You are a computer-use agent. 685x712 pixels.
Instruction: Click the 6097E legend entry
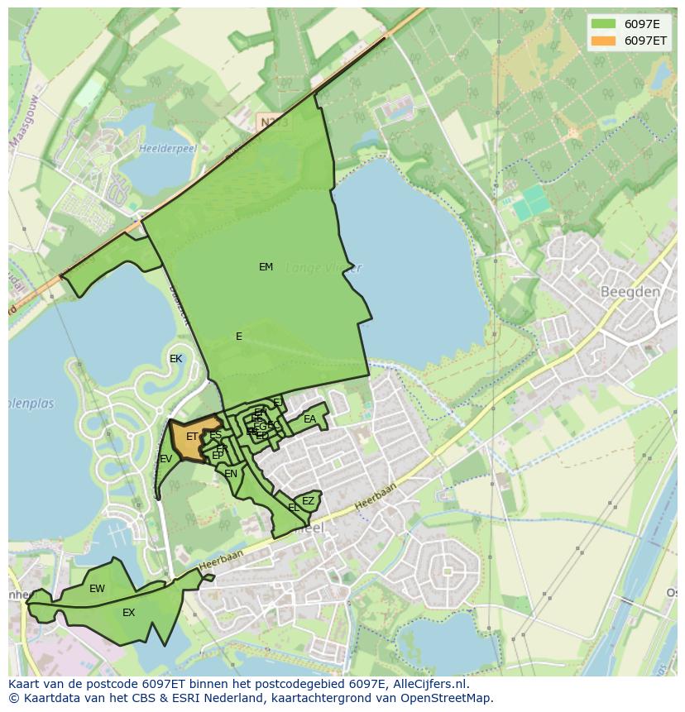(x=641, y=24)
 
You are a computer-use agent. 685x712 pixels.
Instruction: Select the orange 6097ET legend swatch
(x=603, y=41)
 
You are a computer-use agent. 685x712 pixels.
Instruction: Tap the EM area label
(x=266, y=267)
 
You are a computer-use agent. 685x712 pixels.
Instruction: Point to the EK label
(x=175, y=359)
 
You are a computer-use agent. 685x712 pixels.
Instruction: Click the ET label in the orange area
(x=192, y=437)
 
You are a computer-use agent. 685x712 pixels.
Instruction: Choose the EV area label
(x=166, y=459)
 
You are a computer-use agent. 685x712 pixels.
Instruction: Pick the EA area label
(x=309, y=419)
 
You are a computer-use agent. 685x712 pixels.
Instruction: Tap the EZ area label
(x=308, y=501)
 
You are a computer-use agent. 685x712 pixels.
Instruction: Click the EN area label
(x=231, y=474)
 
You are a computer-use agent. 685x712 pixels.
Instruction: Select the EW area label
(x=97, y=589)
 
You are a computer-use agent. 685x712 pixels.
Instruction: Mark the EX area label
(x=128, y=613)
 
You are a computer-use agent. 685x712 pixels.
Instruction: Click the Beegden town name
(x=630, y=292)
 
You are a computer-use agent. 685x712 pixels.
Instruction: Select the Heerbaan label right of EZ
(x=376, y=495)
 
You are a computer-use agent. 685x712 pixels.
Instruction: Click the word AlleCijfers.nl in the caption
(x=429, y=684)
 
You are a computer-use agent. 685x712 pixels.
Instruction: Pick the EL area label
(x=294, y=507)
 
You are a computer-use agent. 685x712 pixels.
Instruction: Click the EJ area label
(x=278, y=403)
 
